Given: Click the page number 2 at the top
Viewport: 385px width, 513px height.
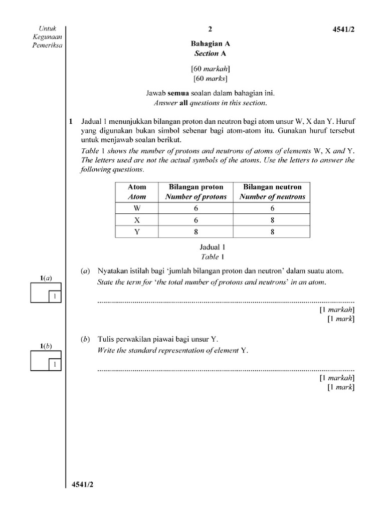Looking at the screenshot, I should (x=210, y=29).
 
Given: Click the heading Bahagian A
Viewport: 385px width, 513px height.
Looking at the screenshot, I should (x=210, y=44).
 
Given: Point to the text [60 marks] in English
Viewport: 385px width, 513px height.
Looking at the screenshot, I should (x=210, y=78).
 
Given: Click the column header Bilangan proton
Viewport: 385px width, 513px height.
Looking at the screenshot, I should (x=196, y=187).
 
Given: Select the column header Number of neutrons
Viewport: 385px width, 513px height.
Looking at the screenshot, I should (x=272, y=197).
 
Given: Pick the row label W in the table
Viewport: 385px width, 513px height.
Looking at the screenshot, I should (x=137, y=208).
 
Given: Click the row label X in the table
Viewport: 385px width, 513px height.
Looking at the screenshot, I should (x=137, y=220).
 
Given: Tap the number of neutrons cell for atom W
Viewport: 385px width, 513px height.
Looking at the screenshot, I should (x=272, y=208).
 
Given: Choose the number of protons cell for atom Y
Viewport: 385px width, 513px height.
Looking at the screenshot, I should (x=196, y=232).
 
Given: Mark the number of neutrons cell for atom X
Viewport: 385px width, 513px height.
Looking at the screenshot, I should (x=272, y=220).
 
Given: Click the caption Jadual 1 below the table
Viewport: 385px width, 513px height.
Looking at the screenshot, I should (x=210, y=247).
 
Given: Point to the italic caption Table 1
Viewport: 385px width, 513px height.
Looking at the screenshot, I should (x=210, y=256).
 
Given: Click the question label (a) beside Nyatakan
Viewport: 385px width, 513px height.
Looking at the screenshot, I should (x=85, y=271).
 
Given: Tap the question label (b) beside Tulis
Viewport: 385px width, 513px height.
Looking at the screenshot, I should (x=85, y=339).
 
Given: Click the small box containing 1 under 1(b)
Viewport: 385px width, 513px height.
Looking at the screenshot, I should (x=54, y=365).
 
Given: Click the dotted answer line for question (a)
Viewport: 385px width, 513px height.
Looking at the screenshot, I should (x=226, y=302).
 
